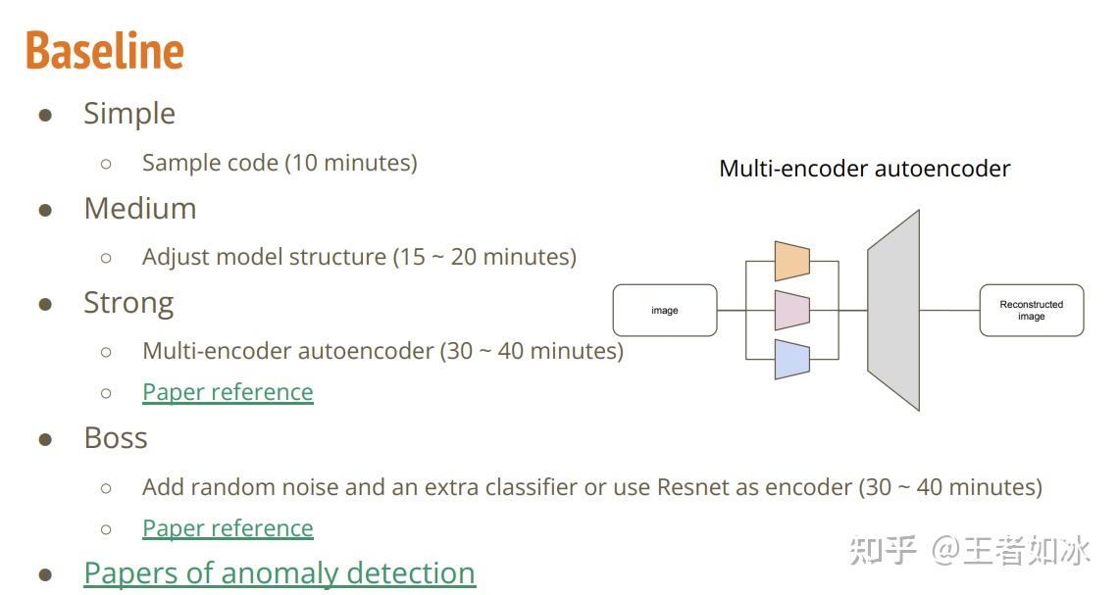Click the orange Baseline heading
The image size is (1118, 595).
[105, 51]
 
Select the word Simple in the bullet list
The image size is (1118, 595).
[129, 114]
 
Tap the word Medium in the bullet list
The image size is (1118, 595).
[140, 209]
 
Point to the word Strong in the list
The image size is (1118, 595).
[128, 303]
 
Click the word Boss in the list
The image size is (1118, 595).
[116, 437]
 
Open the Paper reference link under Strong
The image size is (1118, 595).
[228, 392]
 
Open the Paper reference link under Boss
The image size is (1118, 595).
[228, 528]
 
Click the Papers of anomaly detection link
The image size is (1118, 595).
[279, 572]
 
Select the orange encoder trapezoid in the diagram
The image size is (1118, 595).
[791, 261]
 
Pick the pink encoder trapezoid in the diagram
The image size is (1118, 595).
[791, 310]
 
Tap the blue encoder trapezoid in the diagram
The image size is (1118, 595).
[791, 359]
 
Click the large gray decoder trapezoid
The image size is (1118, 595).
[893, 310]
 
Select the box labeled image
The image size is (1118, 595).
[665, 311]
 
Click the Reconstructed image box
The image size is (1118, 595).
[1031, 311]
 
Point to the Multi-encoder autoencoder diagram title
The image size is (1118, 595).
[864, 169]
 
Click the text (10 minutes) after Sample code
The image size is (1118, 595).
[351, 163]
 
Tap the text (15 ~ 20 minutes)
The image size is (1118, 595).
[484, 257]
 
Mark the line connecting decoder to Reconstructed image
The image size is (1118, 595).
[949, 311]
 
